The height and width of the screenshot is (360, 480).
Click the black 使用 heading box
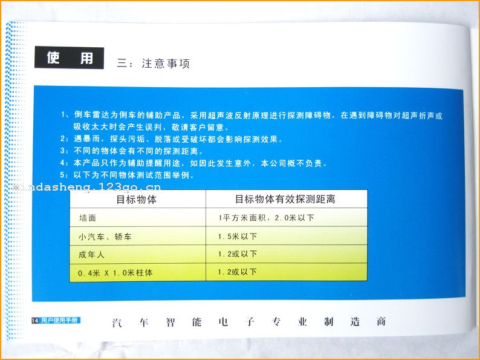69,57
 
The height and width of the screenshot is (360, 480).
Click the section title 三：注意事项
154,64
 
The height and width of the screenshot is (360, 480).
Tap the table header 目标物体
137,200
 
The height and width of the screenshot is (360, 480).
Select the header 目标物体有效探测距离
285,199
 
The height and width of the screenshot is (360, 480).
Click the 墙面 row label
88,218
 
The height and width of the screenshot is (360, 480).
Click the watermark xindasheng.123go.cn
87,187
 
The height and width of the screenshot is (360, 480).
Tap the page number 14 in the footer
35,321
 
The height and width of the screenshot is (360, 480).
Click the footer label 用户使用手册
59,321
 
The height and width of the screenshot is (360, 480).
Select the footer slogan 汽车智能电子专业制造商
249,322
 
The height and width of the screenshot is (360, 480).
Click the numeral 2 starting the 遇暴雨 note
63,139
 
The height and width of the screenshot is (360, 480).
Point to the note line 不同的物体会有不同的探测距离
138,151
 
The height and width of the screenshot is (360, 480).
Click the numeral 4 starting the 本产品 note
62,163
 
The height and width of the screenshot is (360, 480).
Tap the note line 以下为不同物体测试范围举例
134,175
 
